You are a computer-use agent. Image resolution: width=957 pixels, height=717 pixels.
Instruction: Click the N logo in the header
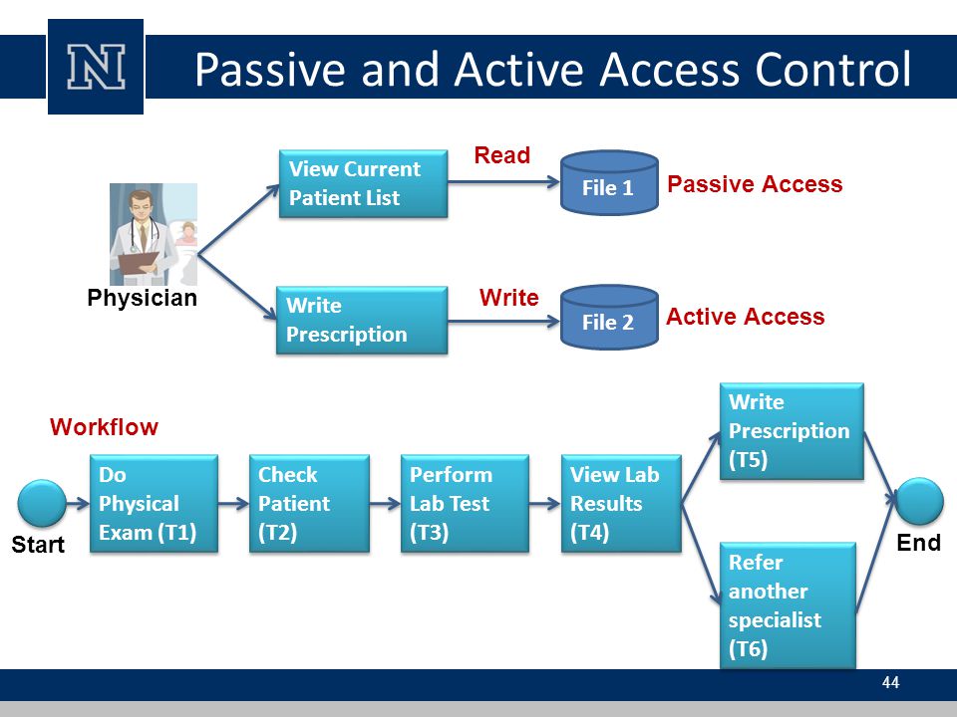coord(96,67)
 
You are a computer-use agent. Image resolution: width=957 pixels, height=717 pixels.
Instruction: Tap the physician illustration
coord(154,234)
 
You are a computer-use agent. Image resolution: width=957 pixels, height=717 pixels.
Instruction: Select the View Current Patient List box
coord(363,183)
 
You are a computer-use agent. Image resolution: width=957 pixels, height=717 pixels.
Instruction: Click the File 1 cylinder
coord(609,183)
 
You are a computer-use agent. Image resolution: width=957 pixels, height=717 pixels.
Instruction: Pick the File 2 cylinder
coord(609,317)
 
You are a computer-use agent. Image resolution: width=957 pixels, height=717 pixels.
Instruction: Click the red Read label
coord(501,155)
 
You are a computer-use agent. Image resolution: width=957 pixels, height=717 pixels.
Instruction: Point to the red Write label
coord(509,298)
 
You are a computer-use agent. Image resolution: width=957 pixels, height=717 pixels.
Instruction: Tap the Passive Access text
coord(755,184)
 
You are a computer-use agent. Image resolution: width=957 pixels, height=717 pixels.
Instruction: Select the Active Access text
coord(746,317)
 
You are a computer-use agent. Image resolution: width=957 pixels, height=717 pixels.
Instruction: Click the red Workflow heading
coord(105,427)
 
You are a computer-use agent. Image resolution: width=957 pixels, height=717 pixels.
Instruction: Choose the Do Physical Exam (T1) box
coord(154,504)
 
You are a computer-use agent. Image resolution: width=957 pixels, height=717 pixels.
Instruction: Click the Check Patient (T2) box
coord(309,504)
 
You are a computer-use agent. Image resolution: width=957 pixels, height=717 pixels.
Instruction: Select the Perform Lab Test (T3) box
coord(465,504)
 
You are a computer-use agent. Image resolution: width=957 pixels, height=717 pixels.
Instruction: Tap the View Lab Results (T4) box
coord(621,504)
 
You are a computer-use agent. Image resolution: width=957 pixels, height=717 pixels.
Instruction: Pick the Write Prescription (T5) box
coord(792,431)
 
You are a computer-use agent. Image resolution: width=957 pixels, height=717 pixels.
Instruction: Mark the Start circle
coord(42,503)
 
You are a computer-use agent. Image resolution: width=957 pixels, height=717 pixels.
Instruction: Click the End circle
coord(920,501)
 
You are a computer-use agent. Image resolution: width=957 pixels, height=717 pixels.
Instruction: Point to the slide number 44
coord(890,682)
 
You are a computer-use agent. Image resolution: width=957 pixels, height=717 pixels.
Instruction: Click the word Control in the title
coord(833,69)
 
